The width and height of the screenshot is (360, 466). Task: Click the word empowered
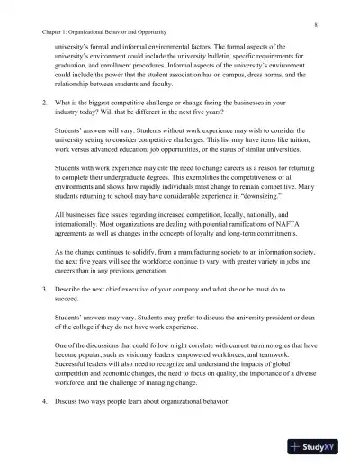coord(220,354)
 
